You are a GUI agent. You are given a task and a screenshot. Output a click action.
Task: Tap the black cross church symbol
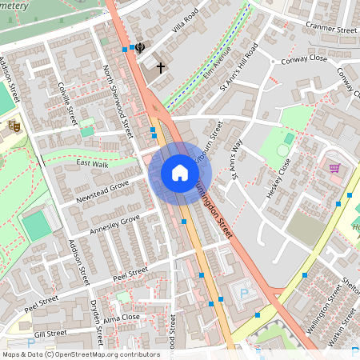(160, 67)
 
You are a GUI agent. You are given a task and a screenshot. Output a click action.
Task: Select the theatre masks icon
(14, 125)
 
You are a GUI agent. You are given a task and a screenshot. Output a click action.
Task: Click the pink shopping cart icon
(334, 168)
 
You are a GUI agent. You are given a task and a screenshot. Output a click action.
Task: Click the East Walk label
(91, 163)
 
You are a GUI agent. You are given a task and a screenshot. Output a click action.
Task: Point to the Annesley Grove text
(115, 222)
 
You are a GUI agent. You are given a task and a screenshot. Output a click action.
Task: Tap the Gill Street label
(50, 334)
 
